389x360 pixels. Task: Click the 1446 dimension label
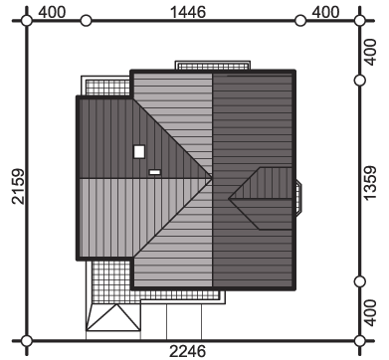188,12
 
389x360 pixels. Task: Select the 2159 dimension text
18,186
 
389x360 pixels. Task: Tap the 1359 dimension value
370,183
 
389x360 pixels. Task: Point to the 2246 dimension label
188,351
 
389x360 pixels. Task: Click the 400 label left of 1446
52,12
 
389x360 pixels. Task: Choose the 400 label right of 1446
325,12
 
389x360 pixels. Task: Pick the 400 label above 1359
370,52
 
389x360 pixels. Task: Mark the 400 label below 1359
370,313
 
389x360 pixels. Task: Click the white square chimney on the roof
139,152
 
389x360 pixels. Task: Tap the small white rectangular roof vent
155,172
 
